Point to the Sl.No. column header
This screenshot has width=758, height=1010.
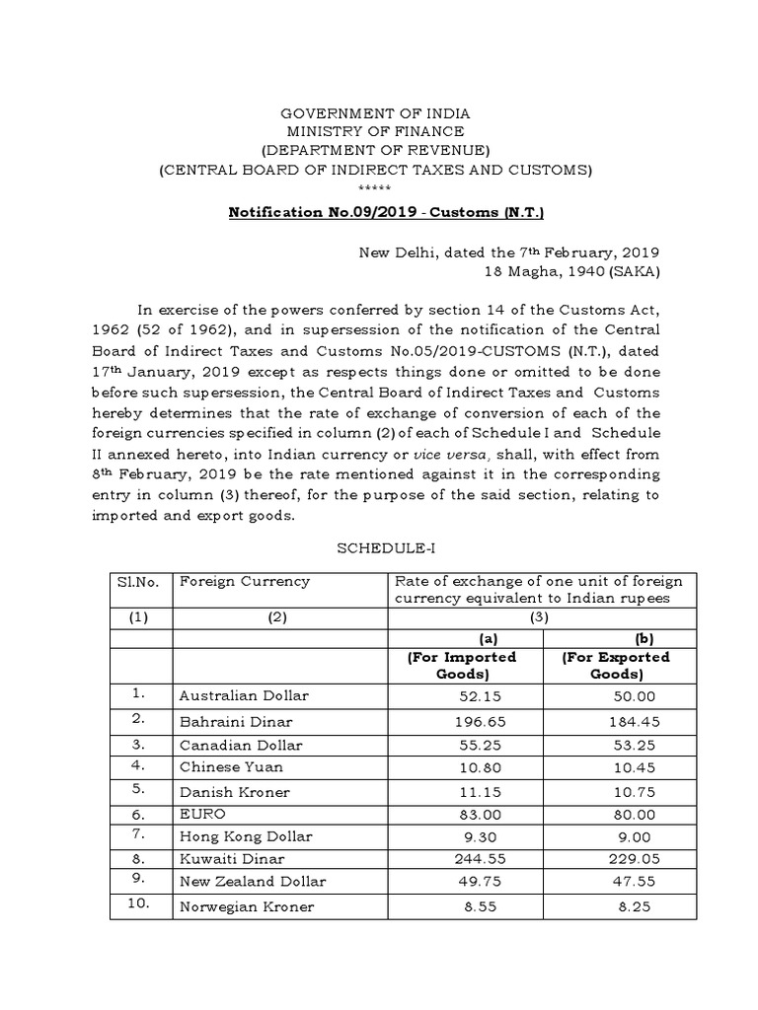point(140,582)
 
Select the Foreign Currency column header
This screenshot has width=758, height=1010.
point(244,582)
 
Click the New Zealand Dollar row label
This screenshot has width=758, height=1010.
point(252,882)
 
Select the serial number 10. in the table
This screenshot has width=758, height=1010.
point(140,905)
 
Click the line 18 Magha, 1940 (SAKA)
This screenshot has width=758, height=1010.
point(571,271)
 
